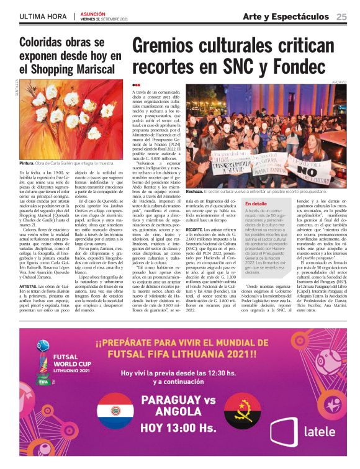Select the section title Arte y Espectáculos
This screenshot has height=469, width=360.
pyautogui.click(x=286, y=17)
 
